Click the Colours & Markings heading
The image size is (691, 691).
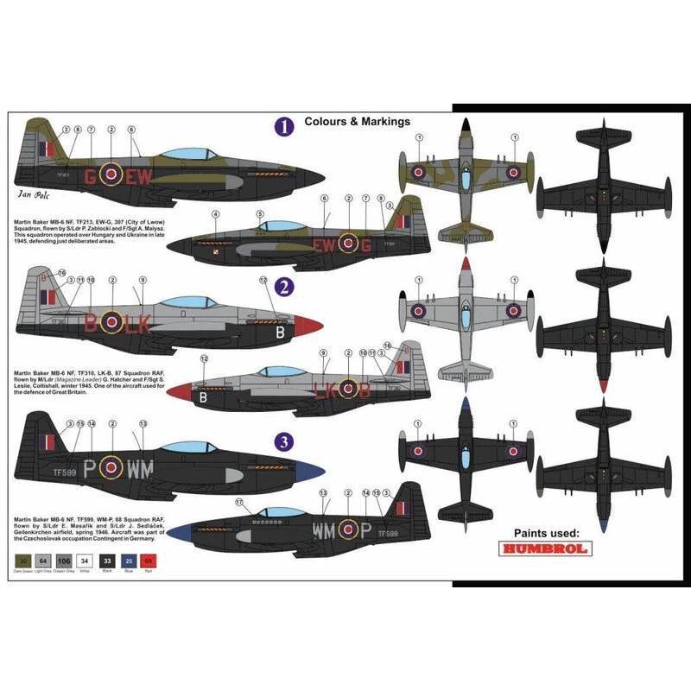[357, 122]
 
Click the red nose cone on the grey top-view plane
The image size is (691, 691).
[466, 263]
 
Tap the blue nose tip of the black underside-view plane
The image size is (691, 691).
[587, 525]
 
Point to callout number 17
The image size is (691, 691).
[239, 502]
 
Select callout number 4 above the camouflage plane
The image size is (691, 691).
[215, 213]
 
